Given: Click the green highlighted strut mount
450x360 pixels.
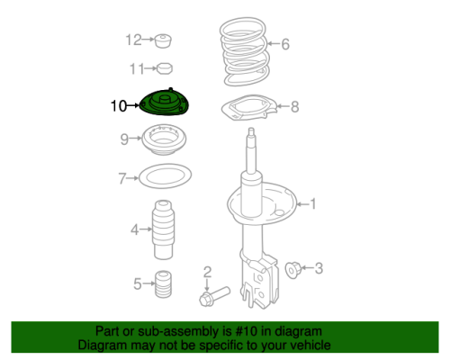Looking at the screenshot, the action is tap(164, 103).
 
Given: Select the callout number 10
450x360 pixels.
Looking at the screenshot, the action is tap(119, 106).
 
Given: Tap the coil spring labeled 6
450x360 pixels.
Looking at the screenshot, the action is tap(245, 51).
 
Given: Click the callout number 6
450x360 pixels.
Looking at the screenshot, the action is tap(285, 44).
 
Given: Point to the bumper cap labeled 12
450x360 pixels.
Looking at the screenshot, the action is tap(163, 40).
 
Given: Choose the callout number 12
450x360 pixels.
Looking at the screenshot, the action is tap(133, 40).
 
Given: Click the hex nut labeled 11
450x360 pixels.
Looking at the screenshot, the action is tap(165, 68).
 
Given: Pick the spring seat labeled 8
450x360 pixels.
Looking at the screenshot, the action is tap(249, 108).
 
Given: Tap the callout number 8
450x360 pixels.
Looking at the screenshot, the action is tap(295, 107).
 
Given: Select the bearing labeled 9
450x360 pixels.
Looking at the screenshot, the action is tap(164, 139).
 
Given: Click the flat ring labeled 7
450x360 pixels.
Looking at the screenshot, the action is tap(166, 176).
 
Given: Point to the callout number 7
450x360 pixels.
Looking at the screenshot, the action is tap(122, 178).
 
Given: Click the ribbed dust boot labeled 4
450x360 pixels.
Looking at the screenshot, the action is tap(164, 229).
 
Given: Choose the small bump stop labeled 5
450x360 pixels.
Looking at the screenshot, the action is tap(164, 284).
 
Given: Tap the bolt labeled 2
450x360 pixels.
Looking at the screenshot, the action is tap(214, 296).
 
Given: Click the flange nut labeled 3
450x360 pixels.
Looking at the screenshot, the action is tap(292, 270).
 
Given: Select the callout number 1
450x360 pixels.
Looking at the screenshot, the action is tap(313, 204).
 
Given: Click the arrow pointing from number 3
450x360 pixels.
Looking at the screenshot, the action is tap(306, 267).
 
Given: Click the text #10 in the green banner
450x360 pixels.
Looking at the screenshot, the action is tap(247, 331).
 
